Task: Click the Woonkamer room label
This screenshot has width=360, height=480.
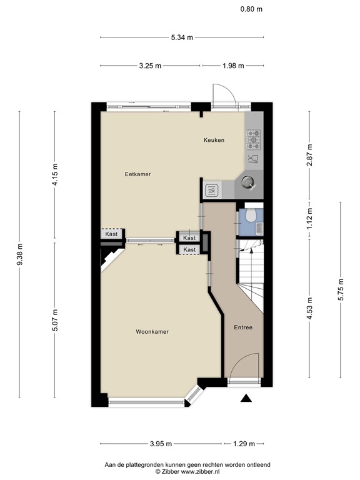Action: click(x=152, y=332)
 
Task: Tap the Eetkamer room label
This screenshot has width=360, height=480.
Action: click(x=137, y=174)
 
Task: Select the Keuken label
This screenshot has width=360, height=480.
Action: click(x=214, y=140)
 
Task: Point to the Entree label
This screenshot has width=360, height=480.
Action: click(x=243, y=327)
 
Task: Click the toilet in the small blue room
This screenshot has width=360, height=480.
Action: click(x=249, y=216)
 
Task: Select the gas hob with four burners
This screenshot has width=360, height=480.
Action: click(x=254, y=138)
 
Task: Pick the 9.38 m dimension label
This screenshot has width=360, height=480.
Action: click(x=21, y=254)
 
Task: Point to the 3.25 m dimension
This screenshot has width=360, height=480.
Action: click(x=151, y=66)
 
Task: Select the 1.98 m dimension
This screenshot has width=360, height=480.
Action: click(x=232, y=66)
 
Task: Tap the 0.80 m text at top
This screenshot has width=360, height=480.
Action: click(x=251, y=9)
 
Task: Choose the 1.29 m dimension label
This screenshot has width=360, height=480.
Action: click(x=244, y=444)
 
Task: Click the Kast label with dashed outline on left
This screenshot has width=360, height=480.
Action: click(x=112, y=234)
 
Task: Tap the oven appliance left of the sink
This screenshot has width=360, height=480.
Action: click(x=211, y=189)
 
